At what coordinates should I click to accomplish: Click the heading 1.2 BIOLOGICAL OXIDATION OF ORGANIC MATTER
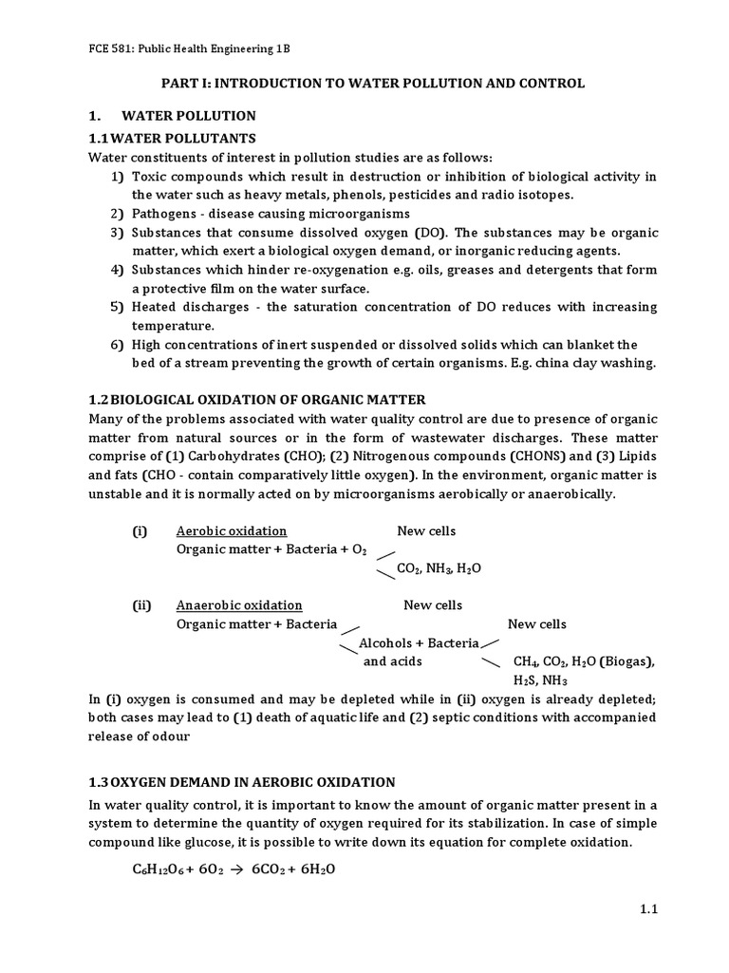tap(256, 399)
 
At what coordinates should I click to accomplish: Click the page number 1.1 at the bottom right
tap(648, 908)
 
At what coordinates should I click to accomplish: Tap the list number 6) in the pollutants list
tap(118, 344)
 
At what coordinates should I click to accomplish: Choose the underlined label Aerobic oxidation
tap(232, 531)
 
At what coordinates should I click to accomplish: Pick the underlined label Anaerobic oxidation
tap(239, 605)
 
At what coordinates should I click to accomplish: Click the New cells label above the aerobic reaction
tap(426, 531)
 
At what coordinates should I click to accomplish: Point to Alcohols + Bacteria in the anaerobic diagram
tap(419, 643)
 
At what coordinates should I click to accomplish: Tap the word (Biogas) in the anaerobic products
tap(626, 661)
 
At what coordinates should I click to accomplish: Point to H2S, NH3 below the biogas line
tap(540, 680)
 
